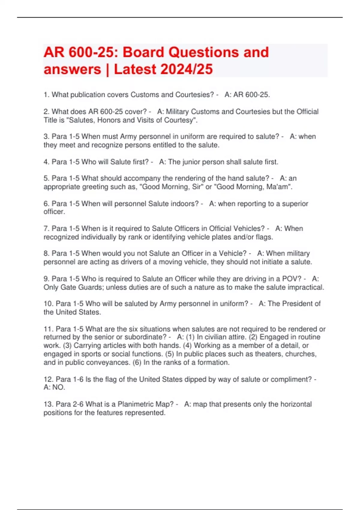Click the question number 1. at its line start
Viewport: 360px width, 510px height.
(x=46, y=95)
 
